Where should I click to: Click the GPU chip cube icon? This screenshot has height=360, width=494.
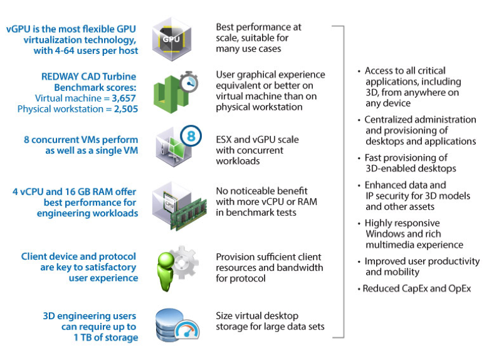point(172,40)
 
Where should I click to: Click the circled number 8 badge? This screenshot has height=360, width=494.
point(191,136)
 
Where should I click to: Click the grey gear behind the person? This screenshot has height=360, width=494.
point(184,263)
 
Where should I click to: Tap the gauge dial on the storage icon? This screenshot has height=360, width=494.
point(187,330)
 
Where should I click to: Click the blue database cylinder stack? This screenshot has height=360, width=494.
point(169,325)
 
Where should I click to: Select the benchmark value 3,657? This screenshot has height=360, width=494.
point(124,98)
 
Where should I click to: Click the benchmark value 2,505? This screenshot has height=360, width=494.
point(126,109)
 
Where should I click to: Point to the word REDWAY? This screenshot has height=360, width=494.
point(60,77)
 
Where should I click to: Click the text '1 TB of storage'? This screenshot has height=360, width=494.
point(106,337)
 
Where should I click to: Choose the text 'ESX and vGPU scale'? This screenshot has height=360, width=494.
point(258,140)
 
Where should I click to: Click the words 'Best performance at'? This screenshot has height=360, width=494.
point(259,27)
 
